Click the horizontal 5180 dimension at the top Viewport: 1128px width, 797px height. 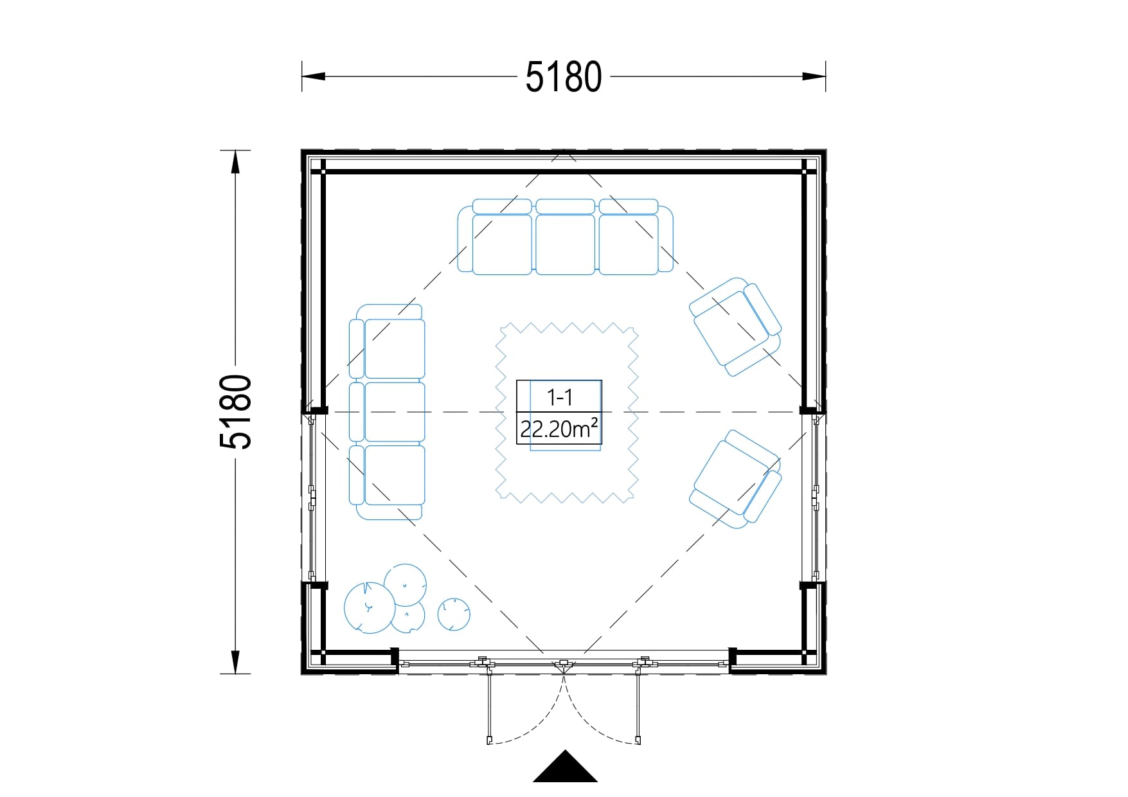(564, 76)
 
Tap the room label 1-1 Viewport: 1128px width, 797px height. (559, 397)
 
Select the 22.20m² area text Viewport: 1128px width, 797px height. (559, 428)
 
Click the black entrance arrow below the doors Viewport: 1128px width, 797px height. (565, 767)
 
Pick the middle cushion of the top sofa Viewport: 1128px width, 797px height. (565, 244)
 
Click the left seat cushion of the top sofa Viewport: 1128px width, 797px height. (502, 244)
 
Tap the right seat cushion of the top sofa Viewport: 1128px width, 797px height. (628, 244)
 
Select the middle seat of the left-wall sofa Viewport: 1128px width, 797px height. (395, 412)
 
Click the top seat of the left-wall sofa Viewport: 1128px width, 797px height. (395, 348)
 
